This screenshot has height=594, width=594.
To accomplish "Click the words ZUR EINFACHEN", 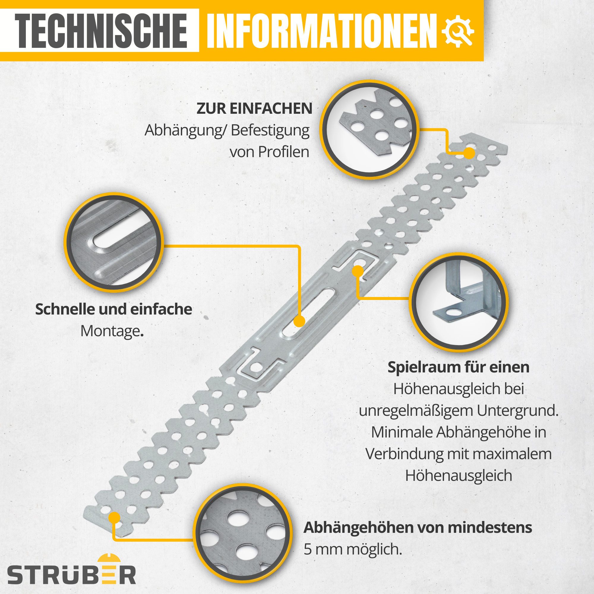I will click(x=254, y=109).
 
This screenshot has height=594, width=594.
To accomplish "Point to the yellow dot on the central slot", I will click(x=298, y=322).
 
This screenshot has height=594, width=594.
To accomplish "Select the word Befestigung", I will click(x=270, y=130).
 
